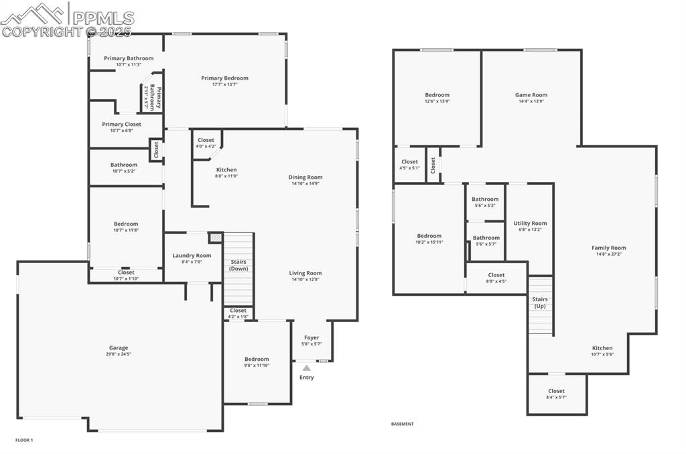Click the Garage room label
[x=119, y=348]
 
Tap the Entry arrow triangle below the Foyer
[x=307, y=368]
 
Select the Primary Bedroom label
[x=224, y=78]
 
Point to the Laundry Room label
[x=192, y=255]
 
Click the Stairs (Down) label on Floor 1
[x=238, y=264]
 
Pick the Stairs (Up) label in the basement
[x=540, y=303]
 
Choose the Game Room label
[x=531, y=95]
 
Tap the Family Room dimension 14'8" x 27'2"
[x=608, y=254]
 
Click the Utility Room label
[x=530, y=223]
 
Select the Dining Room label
[x=305, y=177]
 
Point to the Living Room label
[x=305, y=273]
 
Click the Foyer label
[x=312, y=337]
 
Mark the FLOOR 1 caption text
[x=24, y=440]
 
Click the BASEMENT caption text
[x=403, y=424]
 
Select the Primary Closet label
[x=121, y=124]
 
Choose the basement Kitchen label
[x=602, y=348]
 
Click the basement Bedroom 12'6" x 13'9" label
[x=437, y=95]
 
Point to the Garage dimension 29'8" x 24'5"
[x=119, y=355]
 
